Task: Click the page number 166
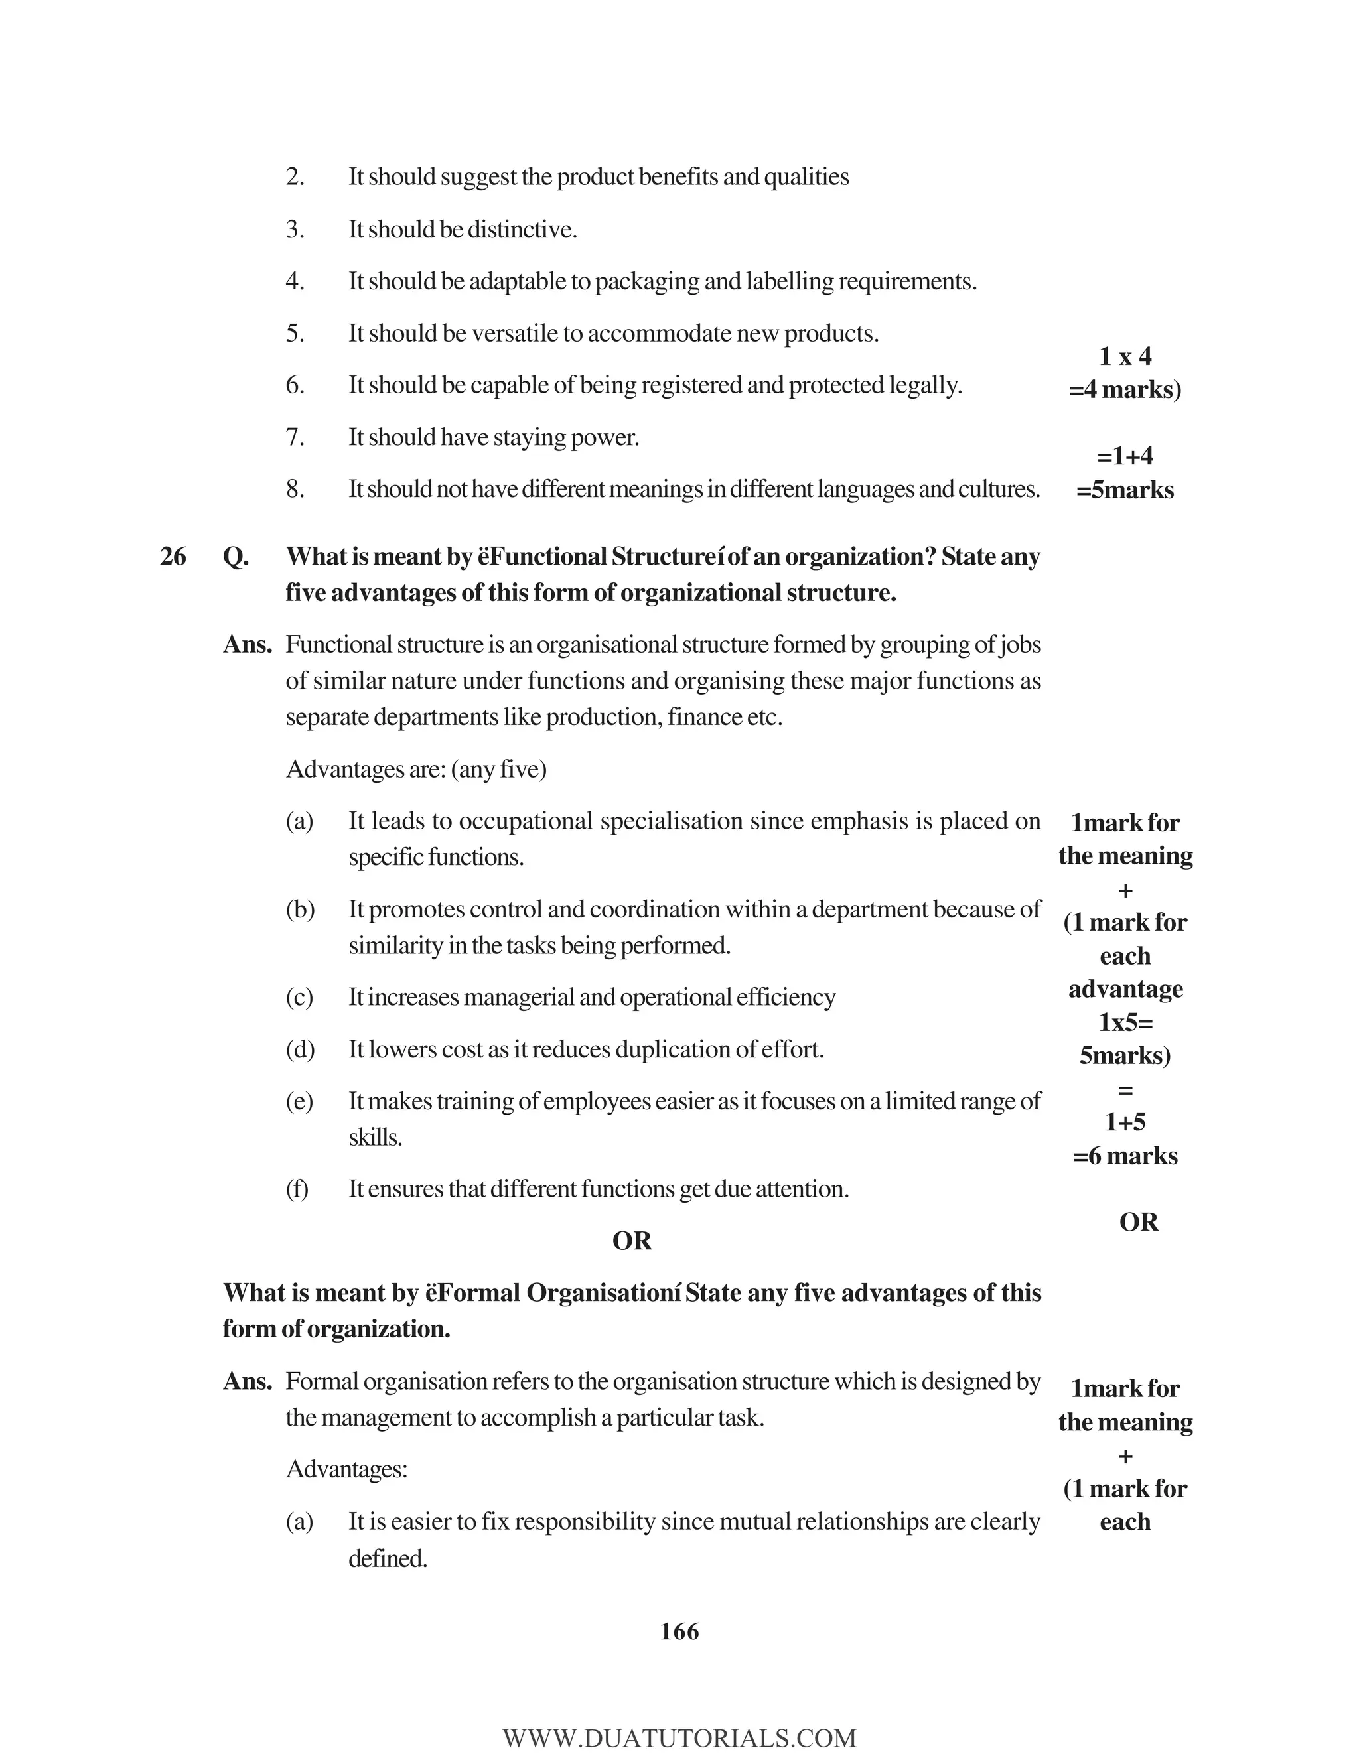click(679, 1632)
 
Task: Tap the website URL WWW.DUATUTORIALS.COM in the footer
click(679, 1738)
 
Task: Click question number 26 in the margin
click(173, 556)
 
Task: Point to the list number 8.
click(295, 489)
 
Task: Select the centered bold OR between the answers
click(632, 1241)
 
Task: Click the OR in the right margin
click(1139, 1222)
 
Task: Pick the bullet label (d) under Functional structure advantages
click(299, 1049)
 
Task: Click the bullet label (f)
click(297, 1189)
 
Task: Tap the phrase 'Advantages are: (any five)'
click(416, 770)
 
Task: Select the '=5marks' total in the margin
click(1125, 490)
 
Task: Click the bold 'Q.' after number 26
click(235, 556)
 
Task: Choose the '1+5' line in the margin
click(1125, 1122)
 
